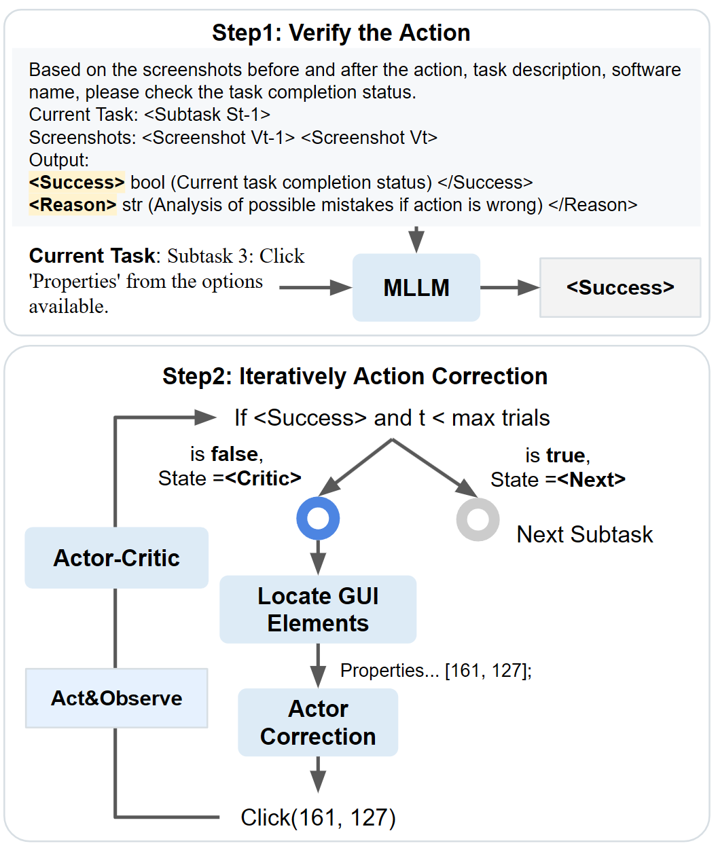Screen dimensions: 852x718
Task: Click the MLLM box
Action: click(x=416, y=288)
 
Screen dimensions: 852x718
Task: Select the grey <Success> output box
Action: click(x=620, y=288)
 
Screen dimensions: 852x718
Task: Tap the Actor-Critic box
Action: click(x=116, y=558)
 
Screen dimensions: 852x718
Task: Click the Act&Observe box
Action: click(x=116, y=698)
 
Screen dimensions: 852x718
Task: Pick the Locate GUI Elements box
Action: click(x=317, y=610)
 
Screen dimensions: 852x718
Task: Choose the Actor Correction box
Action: click(x=317, y=722)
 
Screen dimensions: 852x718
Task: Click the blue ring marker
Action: click(x=318, y=519)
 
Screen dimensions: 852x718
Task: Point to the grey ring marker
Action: click(x=478, y=519)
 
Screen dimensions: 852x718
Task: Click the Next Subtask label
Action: click(x=584, y=535)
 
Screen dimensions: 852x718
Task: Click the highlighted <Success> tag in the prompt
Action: click(x=77, y=183)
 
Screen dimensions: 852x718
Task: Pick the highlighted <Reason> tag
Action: click(x=73, y=205)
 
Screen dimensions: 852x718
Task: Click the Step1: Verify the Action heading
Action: click(x=341, y=33)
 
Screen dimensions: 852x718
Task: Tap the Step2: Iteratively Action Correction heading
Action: click(x=355, y=376)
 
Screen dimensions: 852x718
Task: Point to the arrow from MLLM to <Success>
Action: click(x=509, y=288)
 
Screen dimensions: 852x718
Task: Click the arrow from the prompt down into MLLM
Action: click(x=416, y=240)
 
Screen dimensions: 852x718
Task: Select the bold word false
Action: click(x=234, y=454)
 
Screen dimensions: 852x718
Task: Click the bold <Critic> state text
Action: click(x=263, y=479)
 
